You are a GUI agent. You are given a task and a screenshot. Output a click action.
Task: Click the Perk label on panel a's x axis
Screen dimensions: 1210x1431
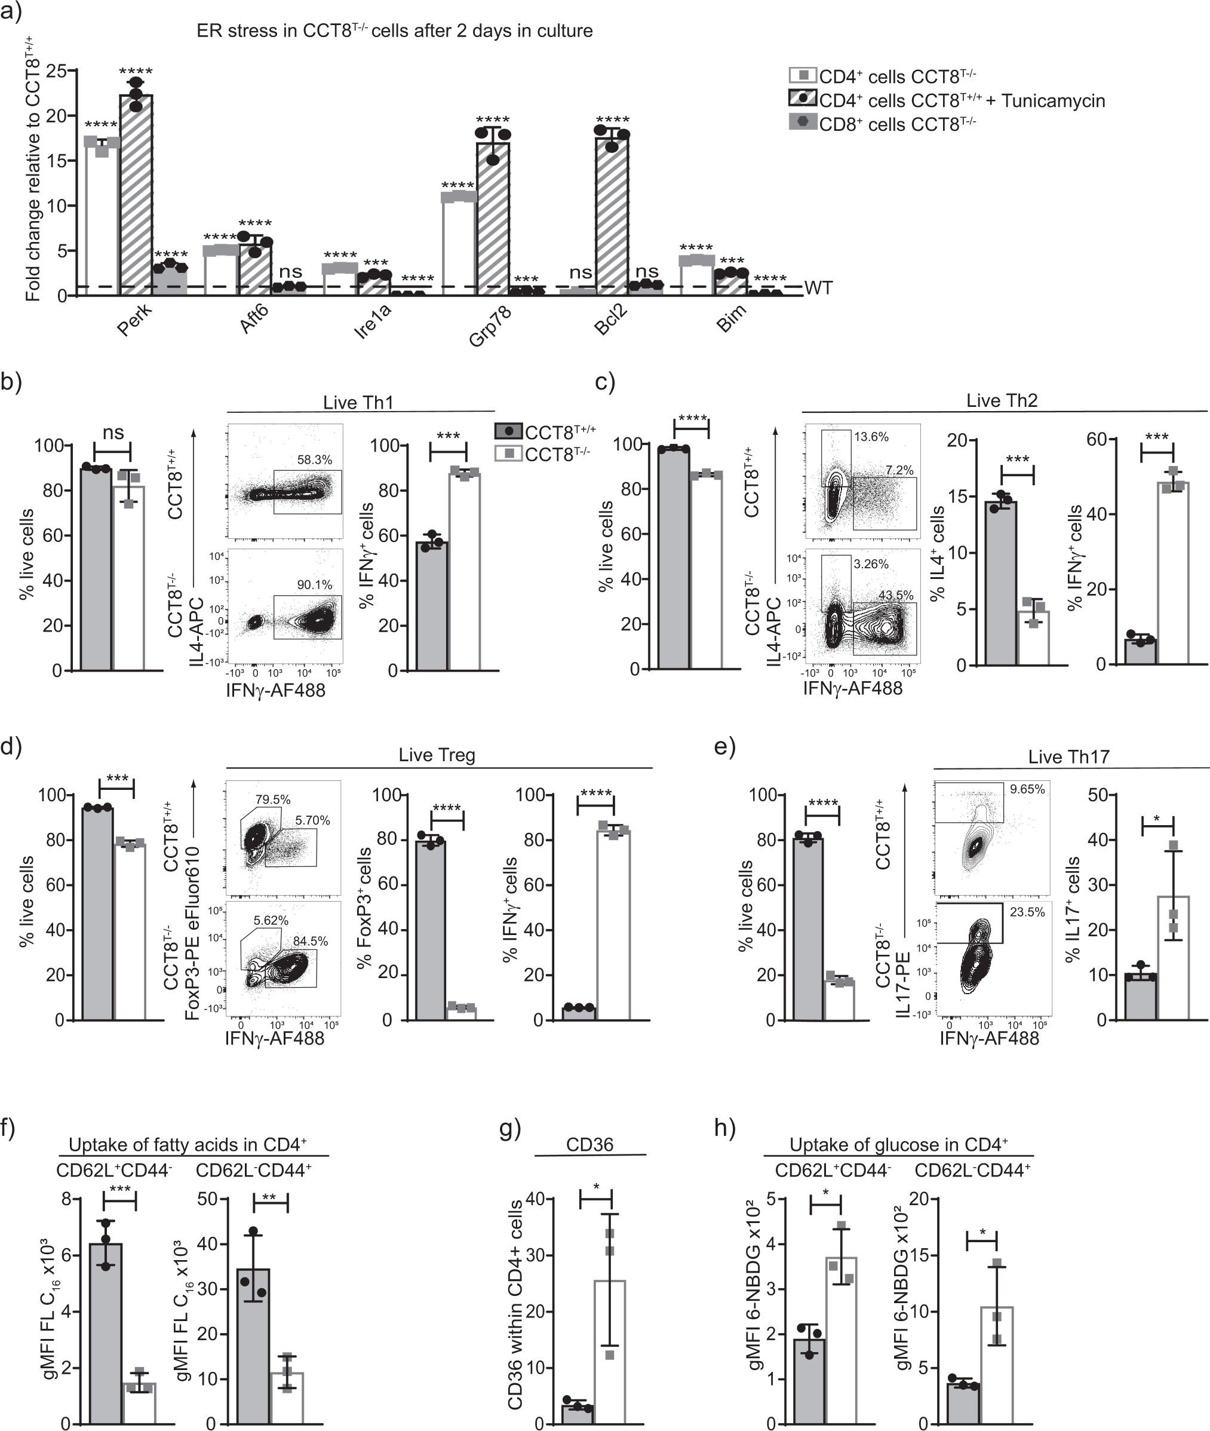[134, 319]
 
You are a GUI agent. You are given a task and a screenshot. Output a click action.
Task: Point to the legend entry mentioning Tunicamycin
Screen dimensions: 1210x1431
[947, 100]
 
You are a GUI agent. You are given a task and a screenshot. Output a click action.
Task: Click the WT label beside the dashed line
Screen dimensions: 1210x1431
[818, 287]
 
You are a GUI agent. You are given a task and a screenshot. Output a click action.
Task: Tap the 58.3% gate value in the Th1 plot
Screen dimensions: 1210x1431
[314, 460]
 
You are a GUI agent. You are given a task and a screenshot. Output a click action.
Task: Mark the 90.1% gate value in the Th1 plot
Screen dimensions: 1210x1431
[314, 585]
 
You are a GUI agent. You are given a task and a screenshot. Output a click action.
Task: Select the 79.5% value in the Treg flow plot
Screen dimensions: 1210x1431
[273, 799]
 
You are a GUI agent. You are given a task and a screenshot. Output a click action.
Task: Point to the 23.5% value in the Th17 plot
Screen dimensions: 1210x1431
[1027, 912]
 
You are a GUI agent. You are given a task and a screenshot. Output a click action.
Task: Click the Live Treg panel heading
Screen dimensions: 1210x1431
[437, 756]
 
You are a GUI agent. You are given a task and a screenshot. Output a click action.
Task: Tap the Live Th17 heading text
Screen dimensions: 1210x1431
[1068, 757]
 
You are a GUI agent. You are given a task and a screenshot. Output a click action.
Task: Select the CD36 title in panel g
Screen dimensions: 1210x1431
[589, 1144]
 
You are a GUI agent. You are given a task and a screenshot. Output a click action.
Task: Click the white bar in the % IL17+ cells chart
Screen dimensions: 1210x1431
[1173, 958]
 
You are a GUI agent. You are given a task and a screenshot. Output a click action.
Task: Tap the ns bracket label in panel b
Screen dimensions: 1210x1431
[113, 433]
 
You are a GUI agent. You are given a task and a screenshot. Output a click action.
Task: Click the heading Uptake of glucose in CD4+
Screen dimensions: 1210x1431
[899, 1144]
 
